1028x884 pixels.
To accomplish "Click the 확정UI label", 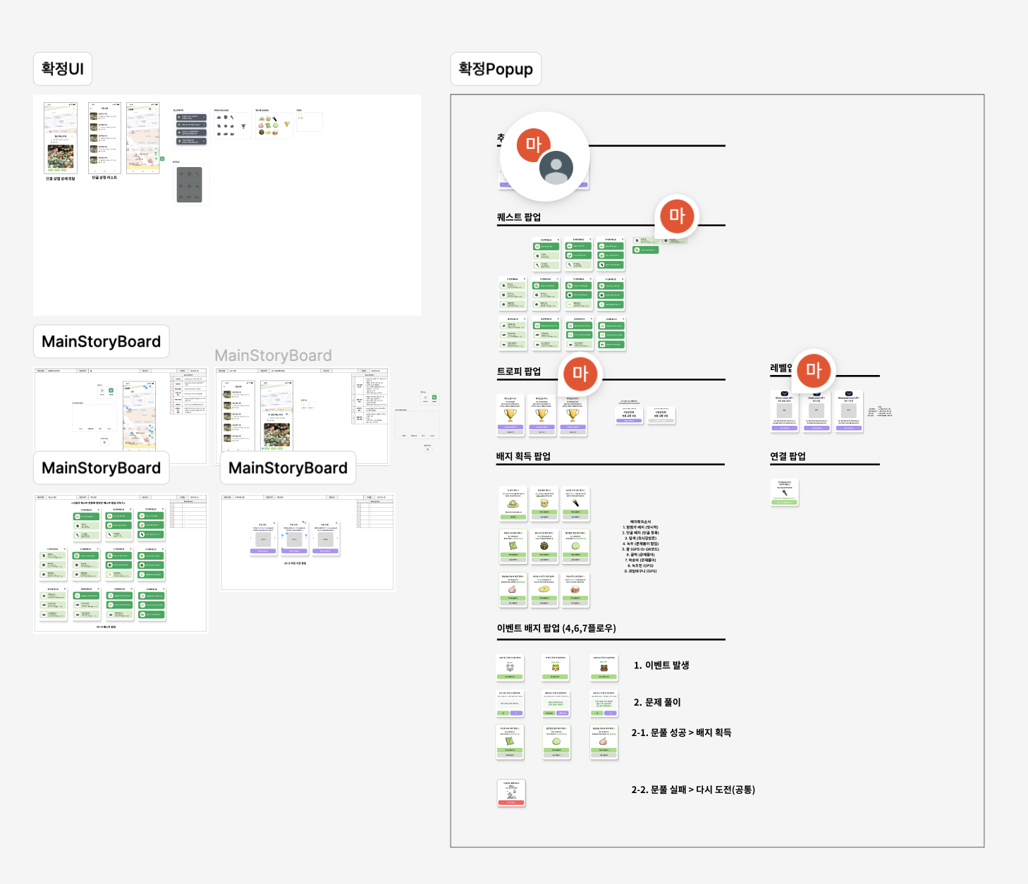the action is click(62, 69).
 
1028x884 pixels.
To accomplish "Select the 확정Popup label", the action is click(496, 69).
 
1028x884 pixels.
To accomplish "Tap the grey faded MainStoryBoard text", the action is click(273, 355).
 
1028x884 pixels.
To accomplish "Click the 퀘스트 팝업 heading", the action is click(519, 217).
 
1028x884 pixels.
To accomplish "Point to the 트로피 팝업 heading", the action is click(519, 372).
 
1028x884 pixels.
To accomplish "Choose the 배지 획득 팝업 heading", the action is click(523, 456).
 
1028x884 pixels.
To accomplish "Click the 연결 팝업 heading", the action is click(788, 456).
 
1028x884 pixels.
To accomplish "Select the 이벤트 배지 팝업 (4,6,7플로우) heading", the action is click(556, 628).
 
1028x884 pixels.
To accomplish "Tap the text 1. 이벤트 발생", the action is click(661, 665).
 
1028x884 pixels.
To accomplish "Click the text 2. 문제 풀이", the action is click(657, 702).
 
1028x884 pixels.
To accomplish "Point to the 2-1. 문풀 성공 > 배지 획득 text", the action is click(681, 732).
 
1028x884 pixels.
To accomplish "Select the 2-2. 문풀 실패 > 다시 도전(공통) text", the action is click(693, 790).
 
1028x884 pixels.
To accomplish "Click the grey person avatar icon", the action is click(556, 168).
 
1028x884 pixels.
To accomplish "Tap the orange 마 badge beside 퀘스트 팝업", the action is click(677, 216).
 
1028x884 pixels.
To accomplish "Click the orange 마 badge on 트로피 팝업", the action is click(580, 374).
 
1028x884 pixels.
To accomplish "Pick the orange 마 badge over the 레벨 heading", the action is click(814, 370).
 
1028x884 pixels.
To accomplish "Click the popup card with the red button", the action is click(511, 792).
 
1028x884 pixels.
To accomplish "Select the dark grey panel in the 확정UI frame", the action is click(189, 185).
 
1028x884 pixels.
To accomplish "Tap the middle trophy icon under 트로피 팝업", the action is click(541, 415).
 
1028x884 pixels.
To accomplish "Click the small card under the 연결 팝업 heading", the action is click(784, 492).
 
